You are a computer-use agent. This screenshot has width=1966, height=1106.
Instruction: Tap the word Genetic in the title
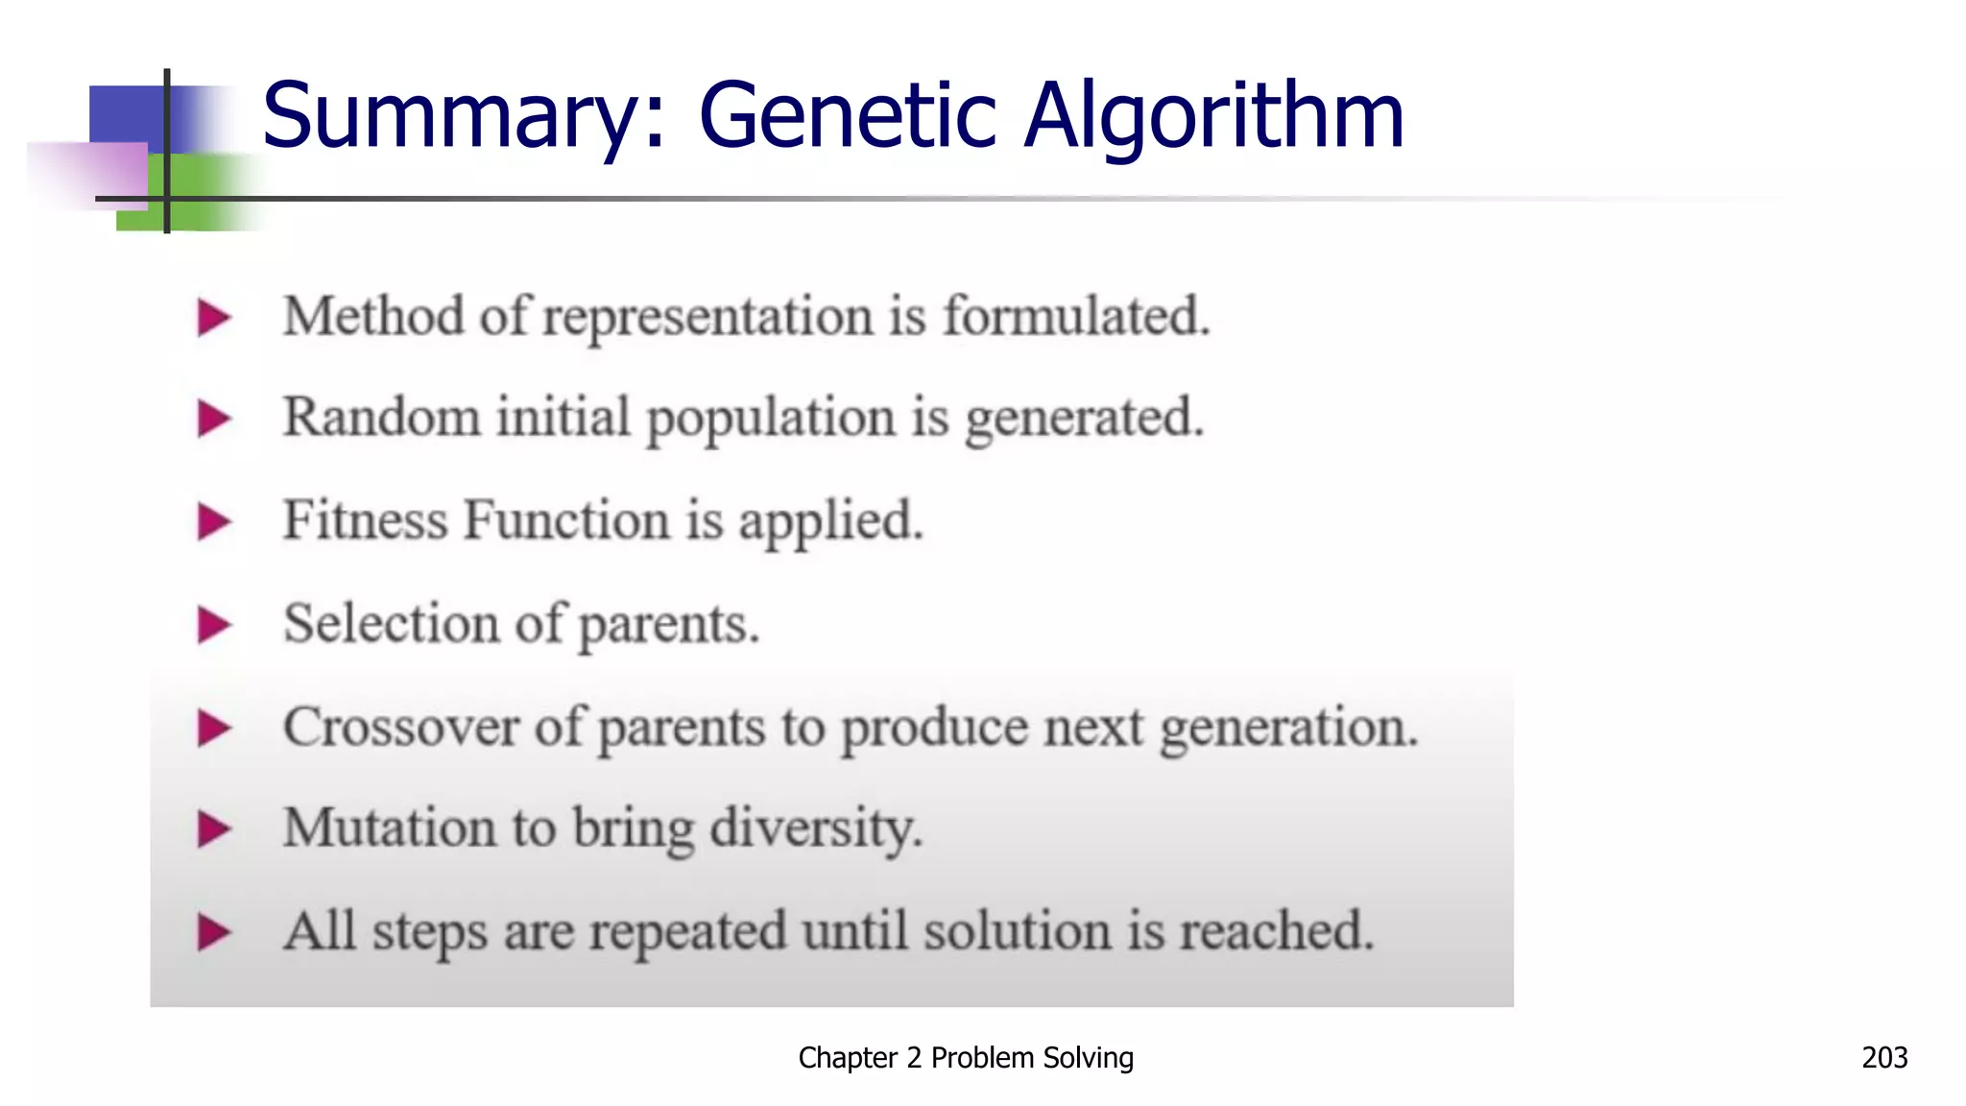tap(848, 117)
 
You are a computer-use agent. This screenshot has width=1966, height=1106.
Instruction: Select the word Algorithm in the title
tap(1214, 117)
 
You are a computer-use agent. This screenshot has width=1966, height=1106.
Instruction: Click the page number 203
tap(1884, 1057)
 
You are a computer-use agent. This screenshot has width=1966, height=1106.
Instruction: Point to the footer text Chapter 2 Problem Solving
tap(966, 1057)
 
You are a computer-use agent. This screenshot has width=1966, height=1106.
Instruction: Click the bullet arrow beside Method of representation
tap(213, 318)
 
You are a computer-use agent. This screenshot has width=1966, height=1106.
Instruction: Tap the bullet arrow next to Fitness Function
tap(213, 521)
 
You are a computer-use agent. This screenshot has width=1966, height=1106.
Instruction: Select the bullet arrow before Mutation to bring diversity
tap(213, 829)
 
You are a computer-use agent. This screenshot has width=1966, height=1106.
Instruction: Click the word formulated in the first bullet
tap(1076, 316)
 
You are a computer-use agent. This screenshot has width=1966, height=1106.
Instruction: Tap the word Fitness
tap(366, 520)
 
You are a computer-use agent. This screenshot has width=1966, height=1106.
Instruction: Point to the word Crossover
tap(400, 727)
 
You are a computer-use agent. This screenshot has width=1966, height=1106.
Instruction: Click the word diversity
tap(816, 829)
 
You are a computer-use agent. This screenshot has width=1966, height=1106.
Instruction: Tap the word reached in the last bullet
tap(1277, 931)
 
